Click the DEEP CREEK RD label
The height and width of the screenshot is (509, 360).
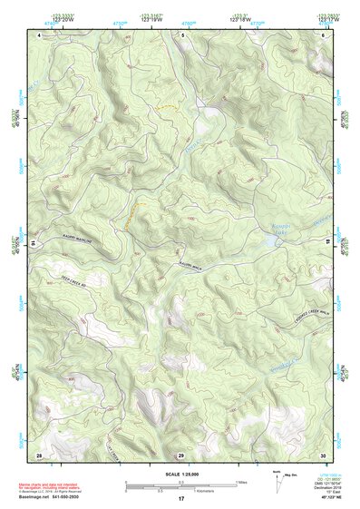click(x=76, y=283)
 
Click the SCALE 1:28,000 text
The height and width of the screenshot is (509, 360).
click(x=180, y=474)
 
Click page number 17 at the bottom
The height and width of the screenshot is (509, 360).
click(x=180, y=500)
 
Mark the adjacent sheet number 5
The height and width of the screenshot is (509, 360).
click(x=181, y=34)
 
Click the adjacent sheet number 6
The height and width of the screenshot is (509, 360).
click(x=323, y=34)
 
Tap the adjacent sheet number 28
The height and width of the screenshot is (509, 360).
click(x=39, y=454)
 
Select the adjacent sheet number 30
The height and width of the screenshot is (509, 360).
click(x=323, y=454)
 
